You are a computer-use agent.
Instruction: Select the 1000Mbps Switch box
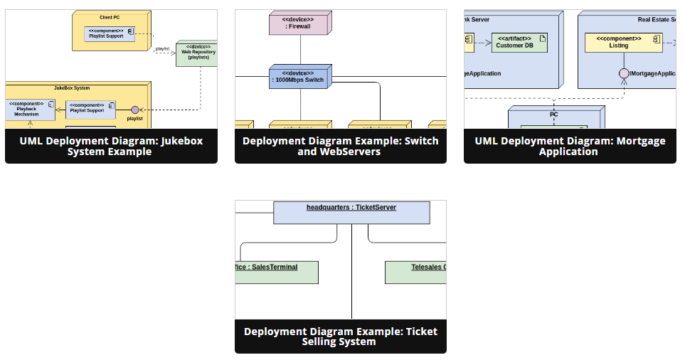(300, 77)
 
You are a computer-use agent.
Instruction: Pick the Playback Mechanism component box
(30, 110)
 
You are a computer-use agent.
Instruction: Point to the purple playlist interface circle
(135, 110)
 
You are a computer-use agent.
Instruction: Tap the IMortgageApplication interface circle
(624, 73)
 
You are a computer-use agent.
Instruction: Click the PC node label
(554, 114)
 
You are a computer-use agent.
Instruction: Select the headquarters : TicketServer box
(351, 212)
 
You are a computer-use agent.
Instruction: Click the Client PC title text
(110, 16)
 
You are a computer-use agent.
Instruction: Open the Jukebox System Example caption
(111, 147)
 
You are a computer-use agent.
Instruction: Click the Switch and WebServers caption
(340, 147)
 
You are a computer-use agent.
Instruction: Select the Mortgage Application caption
(570, 147)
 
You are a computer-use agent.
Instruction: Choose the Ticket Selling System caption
(340, 337)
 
